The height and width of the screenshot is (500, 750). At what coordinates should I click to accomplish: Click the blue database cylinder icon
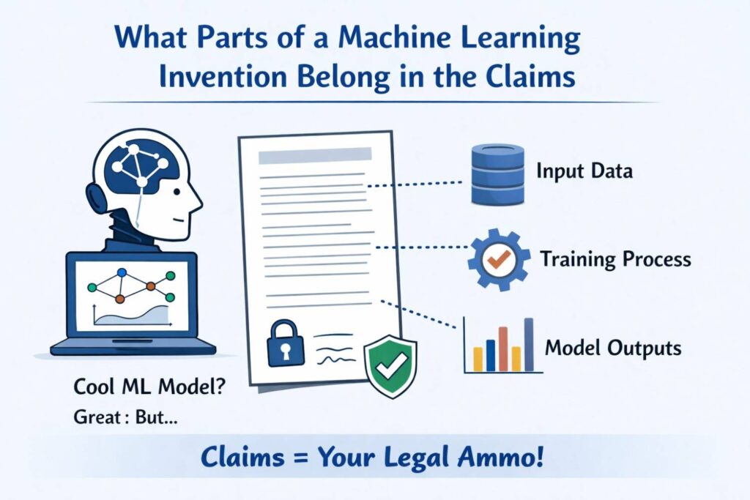click(499, 173)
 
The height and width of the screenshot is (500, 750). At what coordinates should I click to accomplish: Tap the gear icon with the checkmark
click(499, 258)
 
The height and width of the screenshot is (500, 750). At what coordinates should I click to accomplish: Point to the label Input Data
click(584, 173)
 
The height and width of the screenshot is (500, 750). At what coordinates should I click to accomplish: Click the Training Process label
click(615, 259)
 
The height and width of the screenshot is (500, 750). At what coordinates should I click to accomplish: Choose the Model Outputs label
click(613, 348)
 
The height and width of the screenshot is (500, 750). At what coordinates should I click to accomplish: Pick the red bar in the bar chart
click(503, 349)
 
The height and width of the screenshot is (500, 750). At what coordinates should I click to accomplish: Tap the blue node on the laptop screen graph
click(122, 273)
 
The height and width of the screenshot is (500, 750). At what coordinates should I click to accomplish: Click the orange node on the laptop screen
click(150, 286)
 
